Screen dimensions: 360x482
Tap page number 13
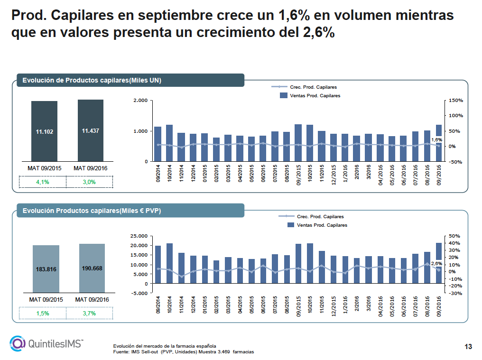[468, 347]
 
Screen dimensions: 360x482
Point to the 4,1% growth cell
[43, 182]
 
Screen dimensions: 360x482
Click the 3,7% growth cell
[89, 313]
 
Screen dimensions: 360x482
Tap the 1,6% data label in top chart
[436, 139]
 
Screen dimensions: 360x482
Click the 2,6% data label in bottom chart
[436, 263]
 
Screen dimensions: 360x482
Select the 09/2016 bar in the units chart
[439, 143]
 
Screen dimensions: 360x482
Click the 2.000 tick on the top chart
[140, 101]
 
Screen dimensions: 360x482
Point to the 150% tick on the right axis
[456, 101]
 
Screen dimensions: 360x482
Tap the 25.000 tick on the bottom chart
[139, 236]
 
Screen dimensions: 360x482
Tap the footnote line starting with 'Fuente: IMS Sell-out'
[183, 352]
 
